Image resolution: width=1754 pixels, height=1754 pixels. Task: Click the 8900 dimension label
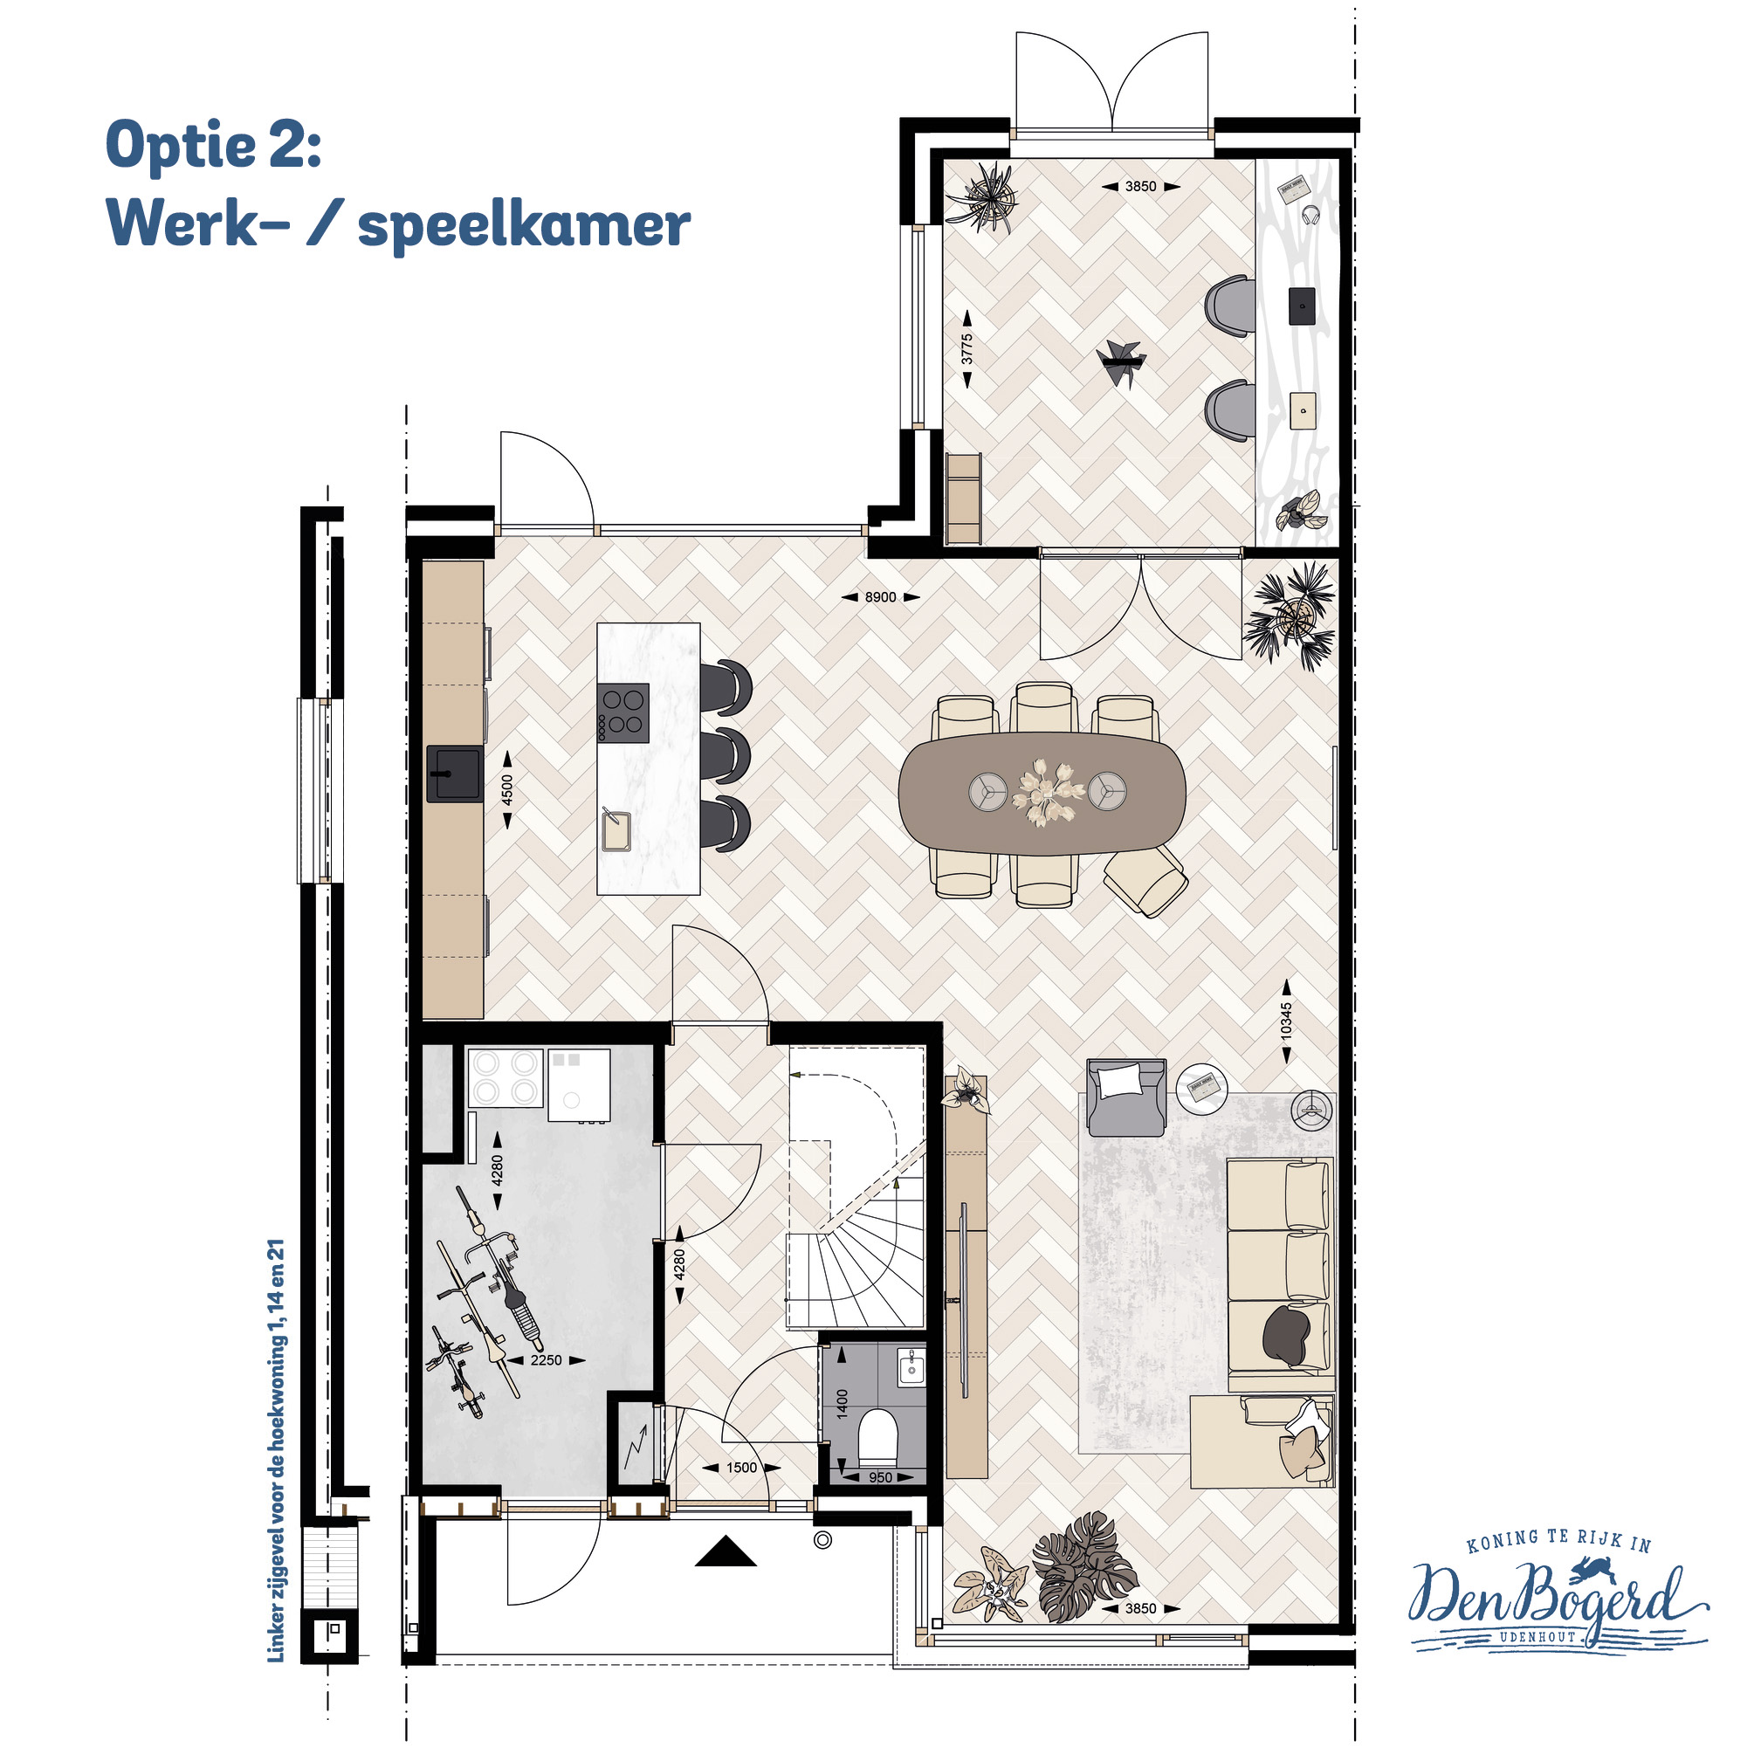[x=880, y=597]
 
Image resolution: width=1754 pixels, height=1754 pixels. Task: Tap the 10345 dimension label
[x=1286, y=1021]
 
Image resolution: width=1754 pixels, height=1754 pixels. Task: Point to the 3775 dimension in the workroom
[x=966, y=348]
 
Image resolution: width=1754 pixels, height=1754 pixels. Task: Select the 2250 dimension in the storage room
[x=546, y=1360]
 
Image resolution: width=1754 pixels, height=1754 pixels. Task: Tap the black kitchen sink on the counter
[x=454, y=774]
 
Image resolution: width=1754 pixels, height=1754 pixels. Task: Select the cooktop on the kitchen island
[x=622, y=712]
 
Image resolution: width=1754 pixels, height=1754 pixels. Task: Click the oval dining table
[x=1042, y=794]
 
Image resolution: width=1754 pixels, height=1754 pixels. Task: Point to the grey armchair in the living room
[x=1125, y=1097]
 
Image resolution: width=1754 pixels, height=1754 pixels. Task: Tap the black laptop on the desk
[x=1302, y=306]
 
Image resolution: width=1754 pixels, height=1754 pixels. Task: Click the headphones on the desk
[x=1310, y=215]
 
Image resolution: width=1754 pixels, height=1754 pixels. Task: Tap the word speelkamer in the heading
[x=524, y=224]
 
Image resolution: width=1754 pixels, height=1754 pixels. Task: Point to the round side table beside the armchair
[x=1202, y=1086]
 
